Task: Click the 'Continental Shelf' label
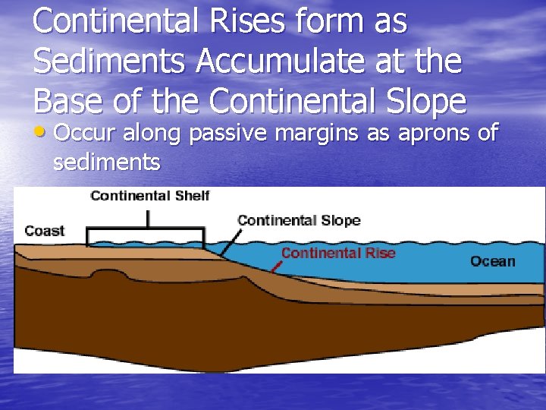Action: pos(149,196)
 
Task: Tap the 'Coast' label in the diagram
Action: pos(45,231)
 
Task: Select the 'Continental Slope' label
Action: pos(299,221)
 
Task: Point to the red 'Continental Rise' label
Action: pos(338,253)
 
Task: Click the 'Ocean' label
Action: pos(492,261)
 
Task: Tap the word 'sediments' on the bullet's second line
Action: pos(107,162)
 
